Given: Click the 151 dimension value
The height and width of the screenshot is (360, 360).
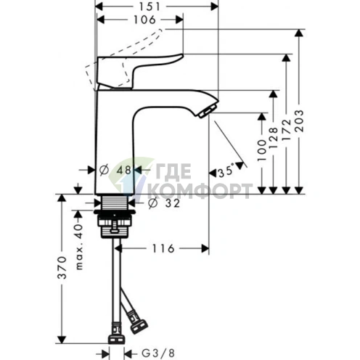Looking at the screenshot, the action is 150,7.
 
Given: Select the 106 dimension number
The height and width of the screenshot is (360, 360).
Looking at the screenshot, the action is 144,20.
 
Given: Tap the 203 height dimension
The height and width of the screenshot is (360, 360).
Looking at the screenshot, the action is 300,120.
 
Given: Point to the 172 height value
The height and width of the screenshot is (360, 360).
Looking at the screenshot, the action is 287,130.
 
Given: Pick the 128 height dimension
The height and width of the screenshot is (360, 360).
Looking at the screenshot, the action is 274,138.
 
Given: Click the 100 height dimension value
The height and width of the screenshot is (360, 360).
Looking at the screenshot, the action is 262,150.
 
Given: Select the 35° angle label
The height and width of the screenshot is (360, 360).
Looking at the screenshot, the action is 226,171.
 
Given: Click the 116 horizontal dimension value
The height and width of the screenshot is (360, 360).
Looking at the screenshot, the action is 163,248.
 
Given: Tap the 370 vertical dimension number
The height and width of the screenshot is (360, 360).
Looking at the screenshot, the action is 62,268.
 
